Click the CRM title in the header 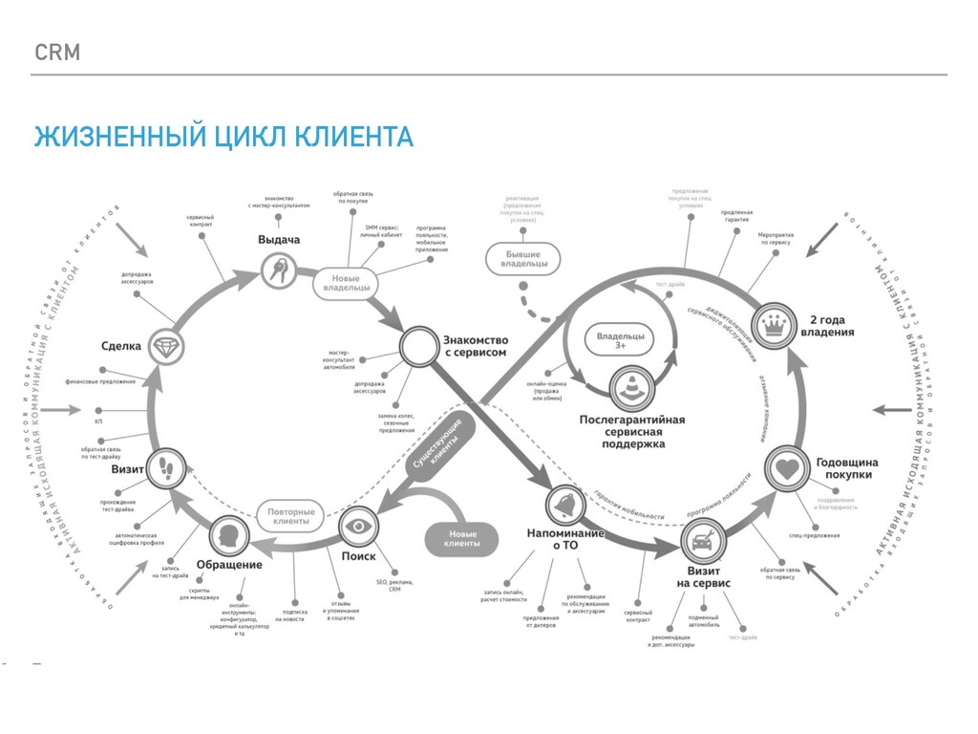[57, 53]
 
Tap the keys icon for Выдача [278, 271]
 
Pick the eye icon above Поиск [358, 525]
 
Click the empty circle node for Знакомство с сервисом [417, 348]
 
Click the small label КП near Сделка [98, 421]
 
